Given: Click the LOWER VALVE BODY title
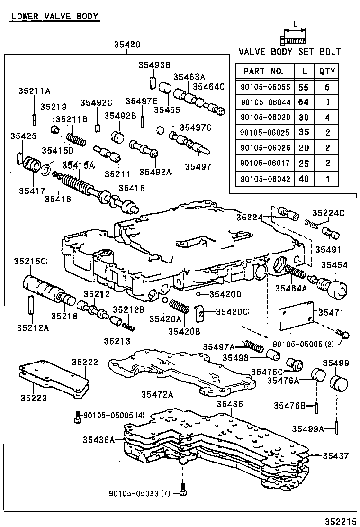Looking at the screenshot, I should (54, 16).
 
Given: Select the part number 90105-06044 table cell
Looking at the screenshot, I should (265, 102).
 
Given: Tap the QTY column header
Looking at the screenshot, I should (327, 71).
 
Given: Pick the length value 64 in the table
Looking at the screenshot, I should (303, 102).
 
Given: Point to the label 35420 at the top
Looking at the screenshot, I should (127, 45).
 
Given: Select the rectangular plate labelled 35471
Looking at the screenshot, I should (297, 317).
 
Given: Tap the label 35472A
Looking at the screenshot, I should (157, 394).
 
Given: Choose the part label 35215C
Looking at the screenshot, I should (30, 261).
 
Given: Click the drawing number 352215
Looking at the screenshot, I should (340, 521).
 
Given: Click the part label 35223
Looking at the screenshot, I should (32, 398).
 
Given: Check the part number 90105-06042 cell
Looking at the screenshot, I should (265, 179).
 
